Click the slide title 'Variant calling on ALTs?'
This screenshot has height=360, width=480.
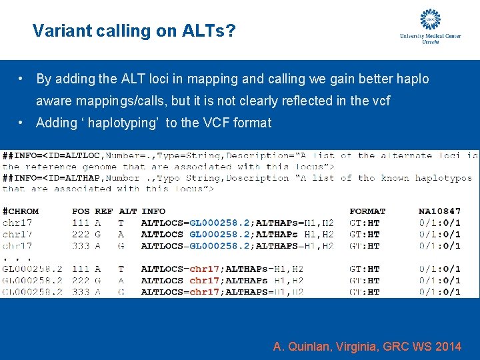133,31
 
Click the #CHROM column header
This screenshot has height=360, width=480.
21,211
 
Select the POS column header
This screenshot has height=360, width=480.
81,211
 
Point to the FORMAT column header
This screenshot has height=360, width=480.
367,211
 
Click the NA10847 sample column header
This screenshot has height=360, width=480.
439,211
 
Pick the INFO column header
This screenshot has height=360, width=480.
153,211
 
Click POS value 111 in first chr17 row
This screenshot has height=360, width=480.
81,223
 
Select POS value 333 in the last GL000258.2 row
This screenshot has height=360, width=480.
81,292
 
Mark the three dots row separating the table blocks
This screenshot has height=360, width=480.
13,257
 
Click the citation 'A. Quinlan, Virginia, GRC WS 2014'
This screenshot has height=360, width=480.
367,347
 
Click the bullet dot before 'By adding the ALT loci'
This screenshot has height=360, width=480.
22,79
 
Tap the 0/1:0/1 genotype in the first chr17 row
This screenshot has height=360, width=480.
440,223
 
